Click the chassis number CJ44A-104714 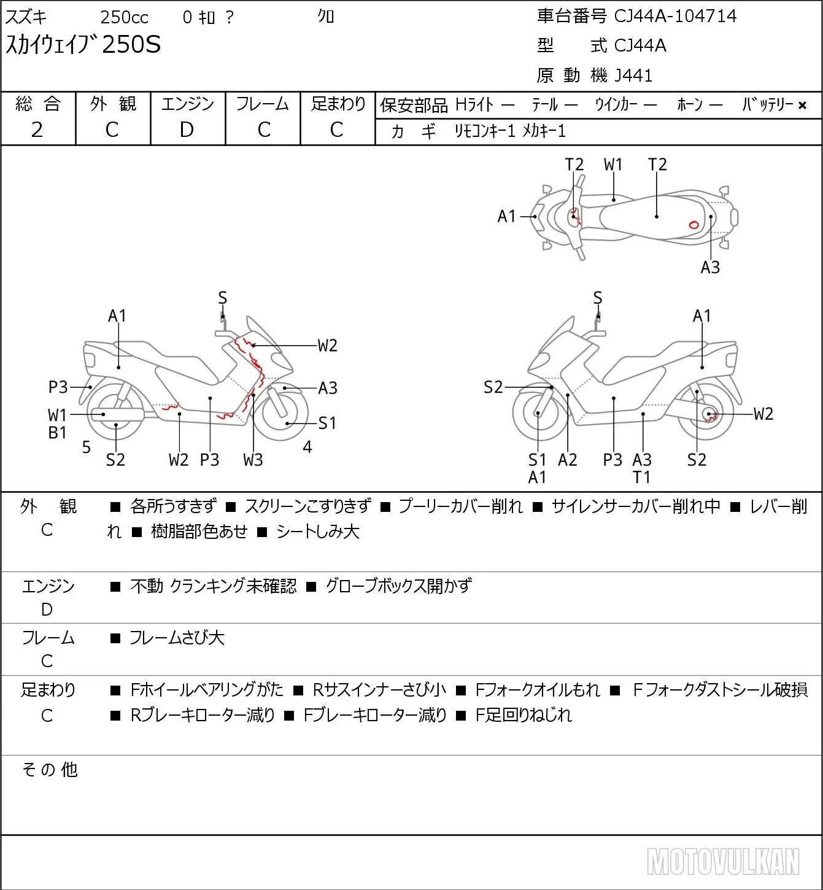pos(675,16)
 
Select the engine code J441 pos(633,75)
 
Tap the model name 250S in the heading pos(131,44)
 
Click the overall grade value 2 pos(37,130)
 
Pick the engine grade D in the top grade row pos(187,130)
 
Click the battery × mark pos(802,106)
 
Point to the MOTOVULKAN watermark pos(723,861)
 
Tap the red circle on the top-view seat pos(694,225)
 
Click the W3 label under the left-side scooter pos(253,460)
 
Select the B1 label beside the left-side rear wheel pos(57,433)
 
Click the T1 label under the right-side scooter pos(641,478)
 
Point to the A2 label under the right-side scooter pos(568,460)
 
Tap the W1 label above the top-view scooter pos(613,164)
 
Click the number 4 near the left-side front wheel pos(307,447)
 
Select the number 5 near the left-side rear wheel pos(87,447)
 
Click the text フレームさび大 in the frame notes pos(177,638)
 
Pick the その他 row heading pos(50,770)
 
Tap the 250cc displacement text pos(124,17)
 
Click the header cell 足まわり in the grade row pos(338,104)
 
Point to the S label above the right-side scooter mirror pos(598,298)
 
